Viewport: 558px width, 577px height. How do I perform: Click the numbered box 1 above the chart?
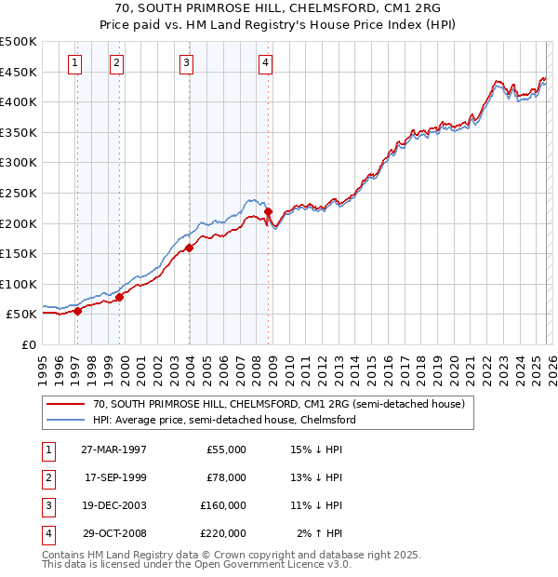[74, 63]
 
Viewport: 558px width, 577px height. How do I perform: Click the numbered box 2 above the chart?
[116, 63]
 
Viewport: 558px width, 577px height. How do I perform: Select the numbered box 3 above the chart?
[186, 63]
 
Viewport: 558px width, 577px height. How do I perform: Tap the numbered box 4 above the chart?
[265, 63]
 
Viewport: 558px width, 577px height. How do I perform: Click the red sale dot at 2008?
[269, 212]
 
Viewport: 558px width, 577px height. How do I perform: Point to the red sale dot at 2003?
[189, 248]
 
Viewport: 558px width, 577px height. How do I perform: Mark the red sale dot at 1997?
[78, 312]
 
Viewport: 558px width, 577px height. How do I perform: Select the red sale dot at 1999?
[119, 298]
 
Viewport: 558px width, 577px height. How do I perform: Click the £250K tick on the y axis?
[19, 193]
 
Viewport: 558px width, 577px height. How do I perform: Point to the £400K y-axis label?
[19, 102]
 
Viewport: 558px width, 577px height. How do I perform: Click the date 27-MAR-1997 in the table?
[115, 449]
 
